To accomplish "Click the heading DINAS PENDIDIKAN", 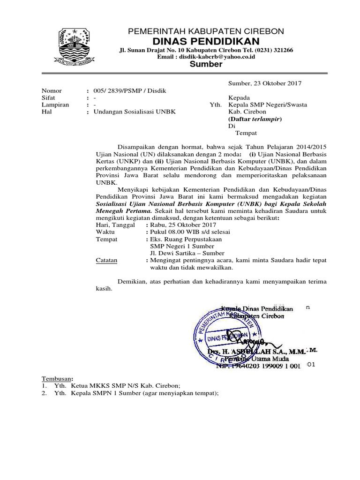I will tap(206, 41).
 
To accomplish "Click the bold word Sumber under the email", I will tap(206, 64).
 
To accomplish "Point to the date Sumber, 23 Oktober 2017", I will tap(264, 83).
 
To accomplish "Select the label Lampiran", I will tap(55, 105).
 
